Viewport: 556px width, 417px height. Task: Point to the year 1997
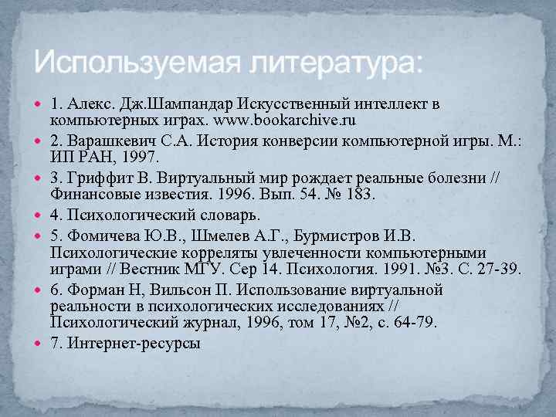tap(142, 158)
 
